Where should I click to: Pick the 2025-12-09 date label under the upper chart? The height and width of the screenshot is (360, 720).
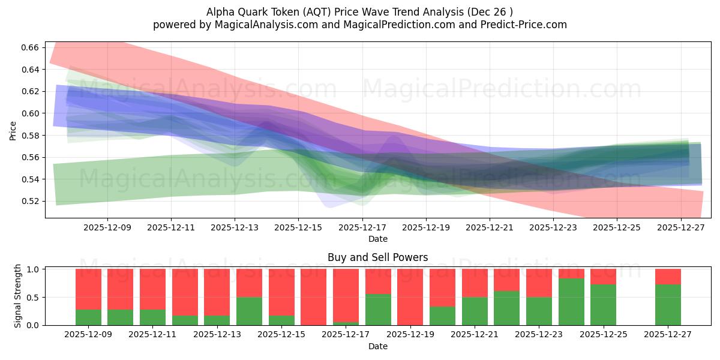pos(107,228)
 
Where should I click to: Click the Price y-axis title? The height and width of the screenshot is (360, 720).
pos(13,130)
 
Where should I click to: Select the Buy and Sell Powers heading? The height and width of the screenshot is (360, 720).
pos(377,257)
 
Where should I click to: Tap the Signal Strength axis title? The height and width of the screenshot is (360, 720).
pos(18,296)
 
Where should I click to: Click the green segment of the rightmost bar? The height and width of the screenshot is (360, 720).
pos(668,305)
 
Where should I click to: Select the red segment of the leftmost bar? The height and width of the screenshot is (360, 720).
pos(88,289)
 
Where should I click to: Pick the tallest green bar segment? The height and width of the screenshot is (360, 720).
pos(571,302)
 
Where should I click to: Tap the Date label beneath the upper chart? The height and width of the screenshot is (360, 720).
pos(377,239)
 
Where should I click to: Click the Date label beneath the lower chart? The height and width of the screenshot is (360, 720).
pos(377,346)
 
